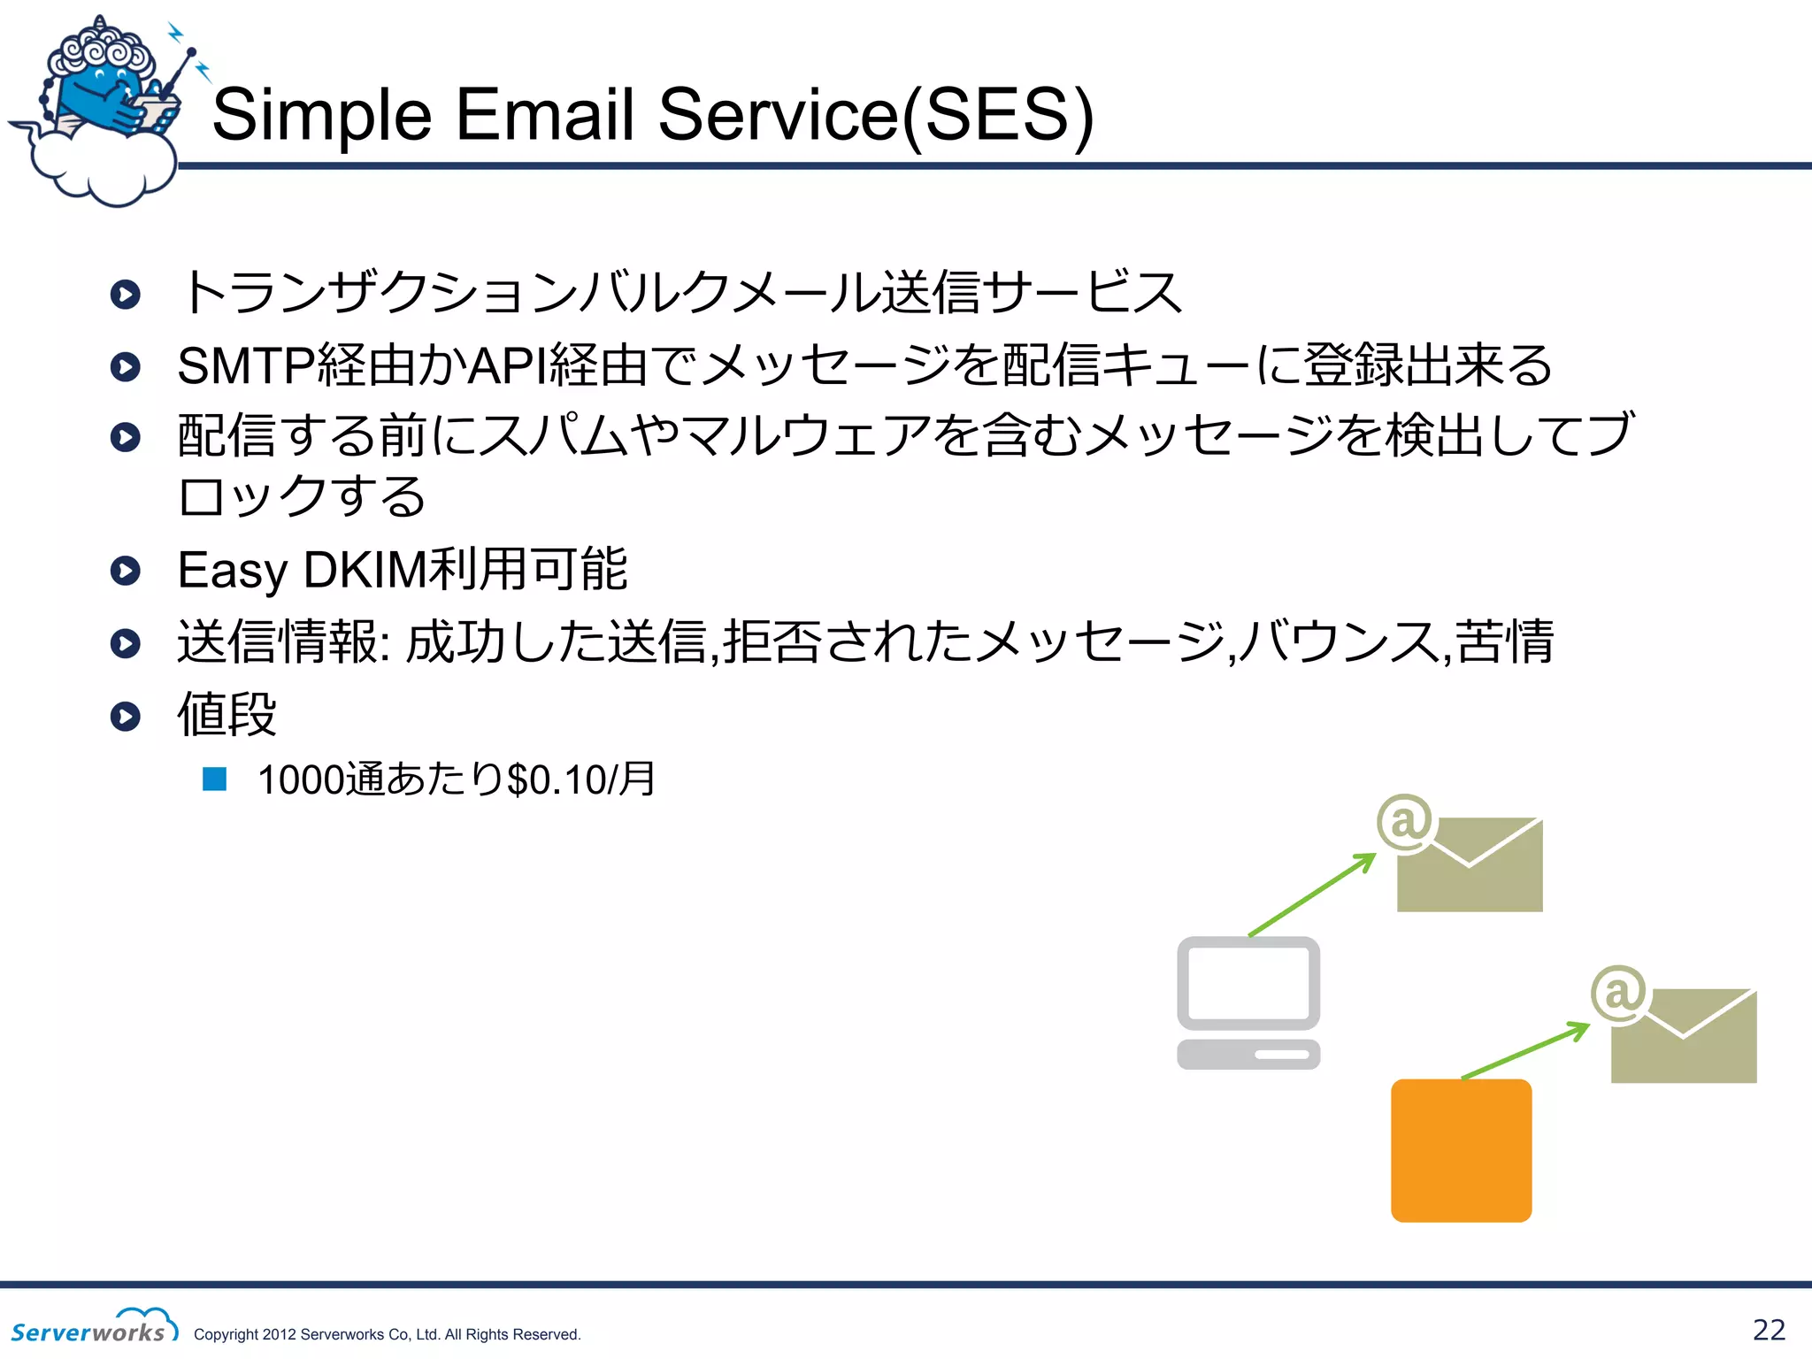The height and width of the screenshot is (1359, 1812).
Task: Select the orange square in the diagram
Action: pos(1461,1150)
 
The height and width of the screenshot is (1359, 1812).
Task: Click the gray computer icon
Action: pos(1248,1002)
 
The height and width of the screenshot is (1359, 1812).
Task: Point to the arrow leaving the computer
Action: pos(1312,894)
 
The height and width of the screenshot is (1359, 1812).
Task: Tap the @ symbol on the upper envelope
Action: pos(1405,821)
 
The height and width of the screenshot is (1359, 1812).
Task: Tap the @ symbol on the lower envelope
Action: pos(1619,993)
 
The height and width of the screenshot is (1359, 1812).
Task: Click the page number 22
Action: pos(1769,1330)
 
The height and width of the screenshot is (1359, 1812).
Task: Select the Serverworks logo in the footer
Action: pos(93,1326)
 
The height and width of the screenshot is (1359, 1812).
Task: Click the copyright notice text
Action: pos(387,1334)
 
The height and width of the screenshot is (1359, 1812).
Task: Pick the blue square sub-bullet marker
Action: pos(215,779)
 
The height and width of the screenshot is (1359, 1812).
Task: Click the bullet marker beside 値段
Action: pos(126,716)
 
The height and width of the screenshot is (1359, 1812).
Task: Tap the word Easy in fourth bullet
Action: pos(232,570)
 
